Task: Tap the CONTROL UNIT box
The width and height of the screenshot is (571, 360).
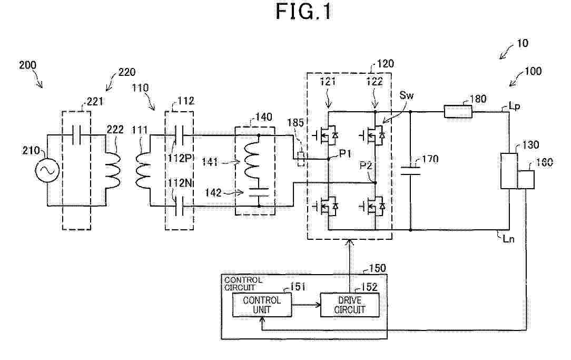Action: pos(262,305)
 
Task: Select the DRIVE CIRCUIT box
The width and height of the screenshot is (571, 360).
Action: pos(350,305)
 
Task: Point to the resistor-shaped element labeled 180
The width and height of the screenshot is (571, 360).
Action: pos(458,112)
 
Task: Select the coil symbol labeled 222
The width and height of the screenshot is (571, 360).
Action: pos(112,170)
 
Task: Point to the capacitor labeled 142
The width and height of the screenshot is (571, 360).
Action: pos(259,192)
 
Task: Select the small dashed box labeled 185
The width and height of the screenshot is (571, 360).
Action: pos(301,159)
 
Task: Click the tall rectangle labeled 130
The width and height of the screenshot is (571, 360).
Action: pos(509,171)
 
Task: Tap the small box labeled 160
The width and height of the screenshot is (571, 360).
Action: pos(526,179)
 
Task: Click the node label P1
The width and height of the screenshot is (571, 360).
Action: pos(345,154)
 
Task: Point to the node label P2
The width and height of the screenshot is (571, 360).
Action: pos(366,166)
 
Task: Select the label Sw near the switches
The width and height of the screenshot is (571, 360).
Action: pos(407,95)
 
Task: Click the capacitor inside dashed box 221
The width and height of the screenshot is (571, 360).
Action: pos(76,135)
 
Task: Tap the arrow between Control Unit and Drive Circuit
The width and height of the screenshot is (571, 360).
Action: pos(306,305)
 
